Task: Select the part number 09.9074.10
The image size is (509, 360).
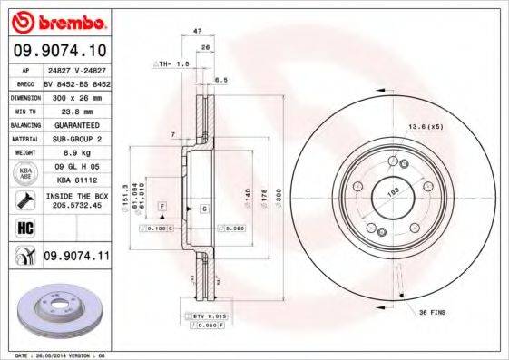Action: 60,51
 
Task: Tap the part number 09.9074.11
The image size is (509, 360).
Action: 76,258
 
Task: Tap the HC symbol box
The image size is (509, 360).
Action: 24,227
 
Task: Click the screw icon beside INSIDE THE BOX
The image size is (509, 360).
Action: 24,199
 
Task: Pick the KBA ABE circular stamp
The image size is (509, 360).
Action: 24,172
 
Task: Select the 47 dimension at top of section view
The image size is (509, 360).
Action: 197,31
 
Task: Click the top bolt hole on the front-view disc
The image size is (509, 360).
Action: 392,162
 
